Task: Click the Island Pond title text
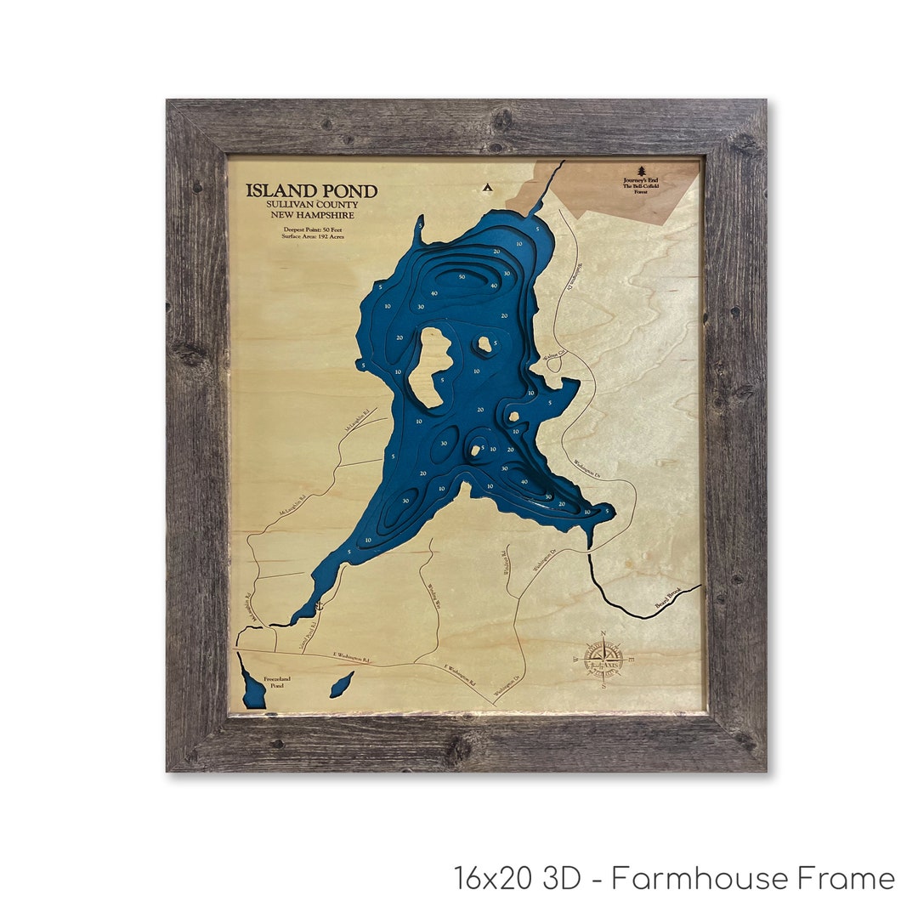pyautogui.click(x=312, y=191)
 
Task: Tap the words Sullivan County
pyautogui.click(x=312, y=205)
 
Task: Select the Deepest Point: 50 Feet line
pyautogui.click(x=311, y=227)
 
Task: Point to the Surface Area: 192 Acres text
pyautogui.click(x=311, y=235)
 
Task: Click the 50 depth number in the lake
pyautogui.click(x=462, y=277)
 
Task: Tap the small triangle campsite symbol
pyautogui.click(x=487, y=187)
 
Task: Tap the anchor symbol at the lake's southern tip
pyautogui.click(x=319, y=606)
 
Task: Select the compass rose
pyautogui.click(x=603, y=660)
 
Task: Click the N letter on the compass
pyautogui.click(x=603, y=633)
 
